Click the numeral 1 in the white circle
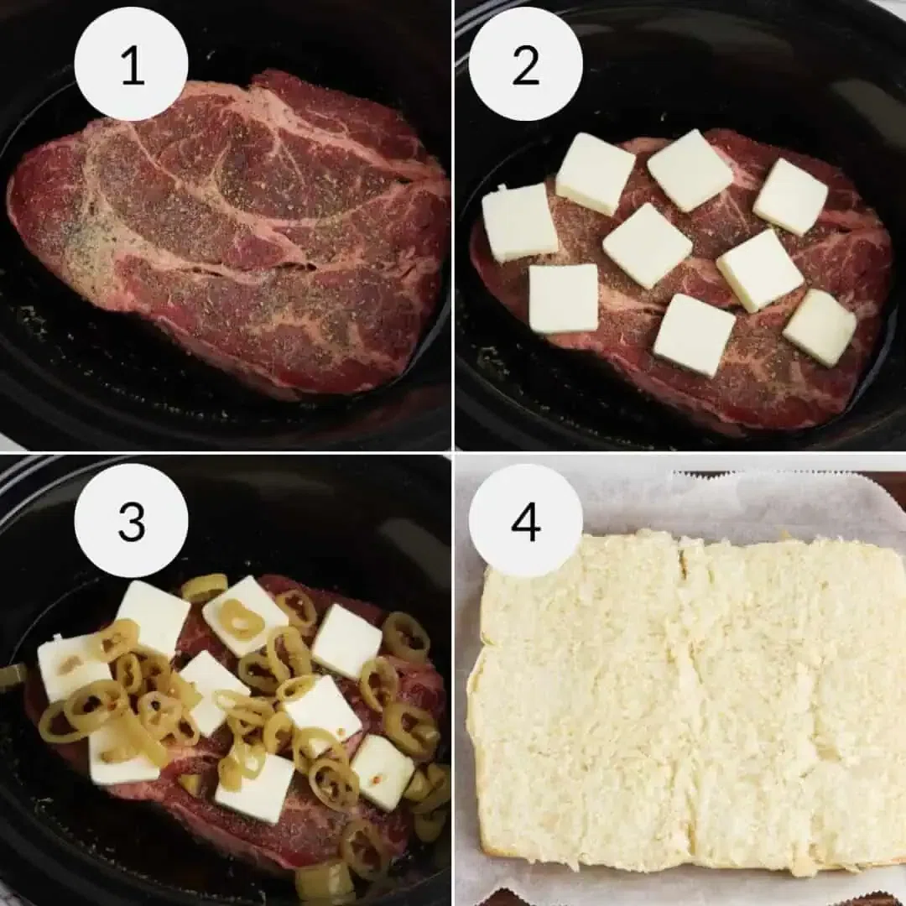132,65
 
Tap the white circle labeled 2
525,65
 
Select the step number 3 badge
132,521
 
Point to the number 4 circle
525,521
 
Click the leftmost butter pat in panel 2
519,222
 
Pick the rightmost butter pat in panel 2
820,328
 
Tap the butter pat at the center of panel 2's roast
647,246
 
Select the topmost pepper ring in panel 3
205,587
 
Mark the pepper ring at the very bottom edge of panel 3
324,881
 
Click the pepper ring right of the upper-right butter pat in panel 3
406,636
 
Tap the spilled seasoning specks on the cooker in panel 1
34,323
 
